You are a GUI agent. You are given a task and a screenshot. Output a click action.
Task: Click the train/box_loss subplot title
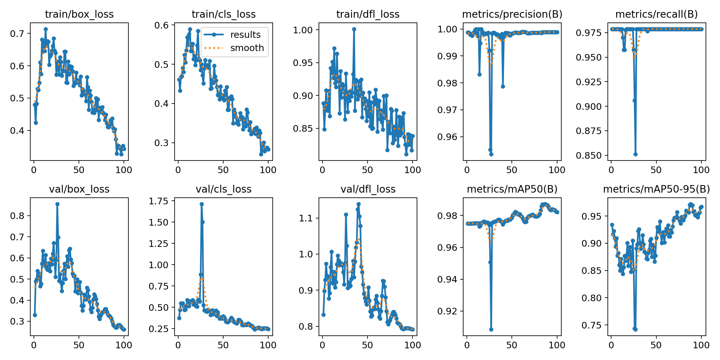[79, 14]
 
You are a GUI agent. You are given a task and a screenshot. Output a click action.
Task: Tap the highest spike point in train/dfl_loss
[354, 29]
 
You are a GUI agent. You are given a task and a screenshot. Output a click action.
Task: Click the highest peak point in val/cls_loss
[202, 204]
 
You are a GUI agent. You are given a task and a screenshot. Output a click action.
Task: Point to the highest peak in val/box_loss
[57, 204]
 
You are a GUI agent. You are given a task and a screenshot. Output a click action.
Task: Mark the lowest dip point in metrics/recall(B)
[635, 154]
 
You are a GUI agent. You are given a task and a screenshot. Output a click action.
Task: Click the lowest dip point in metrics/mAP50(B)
[491, 329]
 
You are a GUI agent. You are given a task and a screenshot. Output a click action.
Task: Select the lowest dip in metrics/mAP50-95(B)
[635, 329]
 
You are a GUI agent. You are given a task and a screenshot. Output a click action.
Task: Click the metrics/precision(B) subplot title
[512, 14]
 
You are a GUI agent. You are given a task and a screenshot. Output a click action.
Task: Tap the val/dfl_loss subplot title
[368, 189]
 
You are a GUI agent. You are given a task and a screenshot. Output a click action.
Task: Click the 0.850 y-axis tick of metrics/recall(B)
[589, 156]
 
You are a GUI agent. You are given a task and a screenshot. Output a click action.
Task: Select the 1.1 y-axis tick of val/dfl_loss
[306, 218]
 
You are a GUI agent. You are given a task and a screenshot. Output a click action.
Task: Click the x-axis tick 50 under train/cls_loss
[223, 170]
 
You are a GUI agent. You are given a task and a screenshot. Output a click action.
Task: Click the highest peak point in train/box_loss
[46, 29]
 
